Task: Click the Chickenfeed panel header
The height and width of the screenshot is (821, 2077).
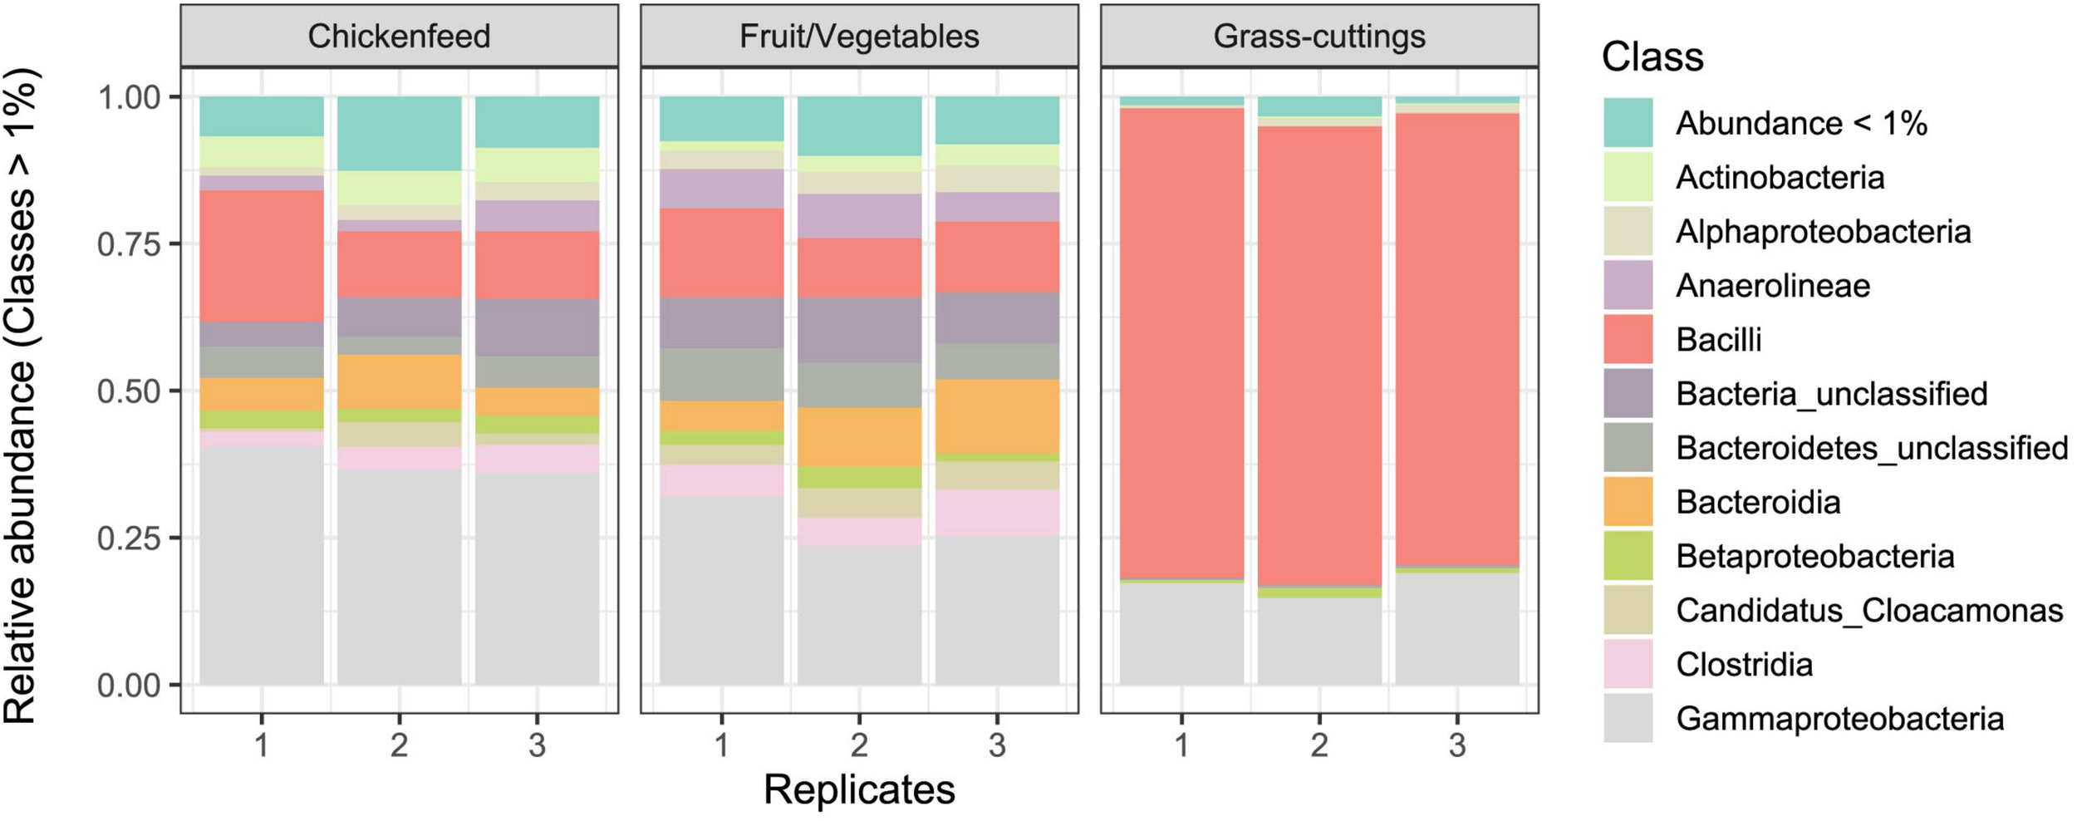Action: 399,37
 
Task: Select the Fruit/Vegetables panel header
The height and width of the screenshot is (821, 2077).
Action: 859,37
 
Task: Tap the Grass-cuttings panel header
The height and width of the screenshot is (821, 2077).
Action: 1319,37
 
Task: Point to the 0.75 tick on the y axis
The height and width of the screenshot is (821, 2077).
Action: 129,245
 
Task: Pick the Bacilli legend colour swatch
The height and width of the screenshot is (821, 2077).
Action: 1628,340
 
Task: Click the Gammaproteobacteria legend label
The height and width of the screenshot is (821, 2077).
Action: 1839,719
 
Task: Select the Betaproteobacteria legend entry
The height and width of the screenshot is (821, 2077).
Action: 1814,557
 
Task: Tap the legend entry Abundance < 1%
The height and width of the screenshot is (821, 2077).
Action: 1800,124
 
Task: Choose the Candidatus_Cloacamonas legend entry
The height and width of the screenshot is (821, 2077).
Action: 1868,611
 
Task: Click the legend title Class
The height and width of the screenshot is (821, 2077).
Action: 1652,57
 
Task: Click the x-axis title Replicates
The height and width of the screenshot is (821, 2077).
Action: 859,790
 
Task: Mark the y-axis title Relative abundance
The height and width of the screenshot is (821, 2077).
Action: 21,395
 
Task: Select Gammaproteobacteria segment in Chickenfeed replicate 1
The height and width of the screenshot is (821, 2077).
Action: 262,565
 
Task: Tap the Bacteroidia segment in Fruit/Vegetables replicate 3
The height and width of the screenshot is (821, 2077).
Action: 997,416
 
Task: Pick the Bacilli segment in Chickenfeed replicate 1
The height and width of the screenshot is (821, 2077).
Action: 262,256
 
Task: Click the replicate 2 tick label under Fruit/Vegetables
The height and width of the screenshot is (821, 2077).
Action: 859,745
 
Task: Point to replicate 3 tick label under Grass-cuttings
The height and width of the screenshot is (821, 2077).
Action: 1456,745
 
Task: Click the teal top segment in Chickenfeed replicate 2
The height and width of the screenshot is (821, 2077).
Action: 399,133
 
